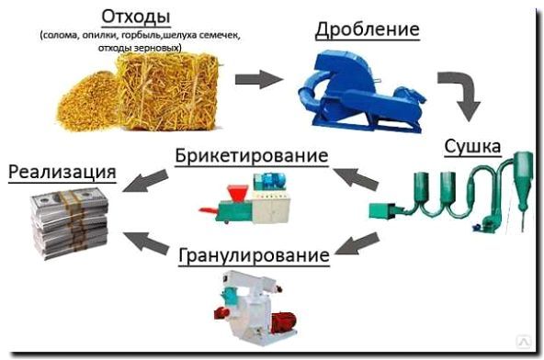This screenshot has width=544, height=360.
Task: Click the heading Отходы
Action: [136, 17]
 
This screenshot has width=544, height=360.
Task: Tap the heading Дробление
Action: [368, 29]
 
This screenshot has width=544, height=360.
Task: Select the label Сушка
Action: [473, 147]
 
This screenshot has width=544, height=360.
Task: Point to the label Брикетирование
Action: [252, 155]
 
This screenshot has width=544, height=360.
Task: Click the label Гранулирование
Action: [254, 255]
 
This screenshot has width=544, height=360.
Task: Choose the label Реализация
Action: [62, 172]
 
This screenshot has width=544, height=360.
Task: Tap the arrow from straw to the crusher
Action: [259, 79]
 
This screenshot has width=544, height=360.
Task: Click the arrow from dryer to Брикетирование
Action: [356, 178]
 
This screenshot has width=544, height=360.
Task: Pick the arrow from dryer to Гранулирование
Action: [357, 243]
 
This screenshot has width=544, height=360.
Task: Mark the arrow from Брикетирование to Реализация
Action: [146, 180]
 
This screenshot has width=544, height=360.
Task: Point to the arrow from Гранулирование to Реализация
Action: [146, 242]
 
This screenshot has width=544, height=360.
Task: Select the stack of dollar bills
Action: [70, 222]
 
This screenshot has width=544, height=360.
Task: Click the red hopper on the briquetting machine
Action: [237, 193]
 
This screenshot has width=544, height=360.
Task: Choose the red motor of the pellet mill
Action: [283, 321]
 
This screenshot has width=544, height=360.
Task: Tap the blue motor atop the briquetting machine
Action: [270, 182]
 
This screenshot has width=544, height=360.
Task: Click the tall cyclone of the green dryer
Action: [523, 180]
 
